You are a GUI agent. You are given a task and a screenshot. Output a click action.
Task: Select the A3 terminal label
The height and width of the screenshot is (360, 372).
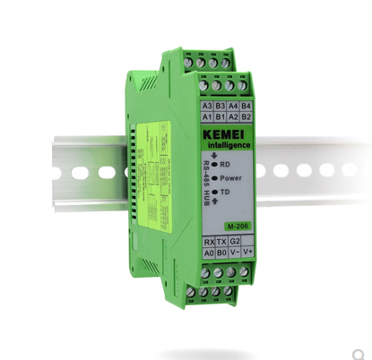point(207,105)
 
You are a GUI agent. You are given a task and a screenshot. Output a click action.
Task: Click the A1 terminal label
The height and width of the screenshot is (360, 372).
point(207,116)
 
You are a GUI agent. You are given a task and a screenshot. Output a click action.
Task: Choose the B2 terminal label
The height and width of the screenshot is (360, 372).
point(247,117)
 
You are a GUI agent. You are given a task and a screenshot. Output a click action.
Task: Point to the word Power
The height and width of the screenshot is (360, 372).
point(235,178)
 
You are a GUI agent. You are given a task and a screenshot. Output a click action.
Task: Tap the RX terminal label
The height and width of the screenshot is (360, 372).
point(209,242)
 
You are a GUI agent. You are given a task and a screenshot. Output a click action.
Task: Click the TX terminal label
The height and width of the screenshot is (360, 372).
point(222,242)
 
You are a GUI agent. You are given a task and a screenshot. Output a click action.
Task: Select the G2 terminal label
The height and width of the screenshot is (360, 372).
point(235,242)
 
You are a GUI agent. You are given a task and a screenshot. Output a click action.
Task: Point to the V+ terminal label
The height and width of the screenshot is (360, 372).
point(248,253)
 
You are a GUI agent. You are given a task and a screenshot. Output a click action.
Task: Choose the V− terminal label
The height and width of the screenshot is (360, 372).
point(235,253)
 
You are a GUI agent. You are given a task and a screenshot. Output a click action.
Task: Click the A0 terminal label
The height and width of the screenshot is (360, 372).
point(209,253)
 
